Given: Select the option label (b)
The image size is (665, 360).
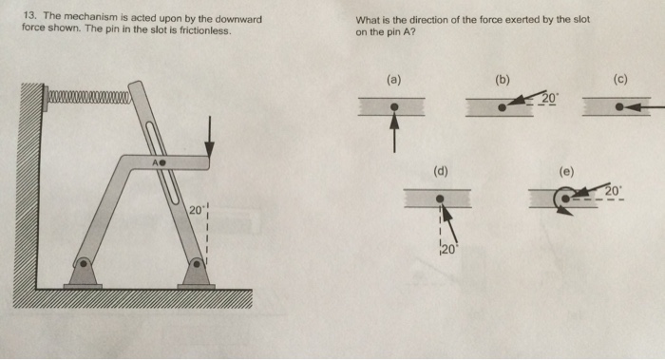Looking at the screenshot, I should (503, 81).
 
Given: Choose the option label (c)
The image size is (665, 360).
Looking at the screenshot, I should (620, 81).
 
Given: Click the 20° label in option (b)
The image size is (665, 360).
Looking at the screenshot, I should (550, 99).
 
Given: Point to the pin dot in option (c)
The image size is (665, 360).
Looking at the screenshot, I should (619, 107).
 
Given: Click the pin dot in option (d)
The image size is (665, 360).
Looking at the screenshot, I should (439, 199).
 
